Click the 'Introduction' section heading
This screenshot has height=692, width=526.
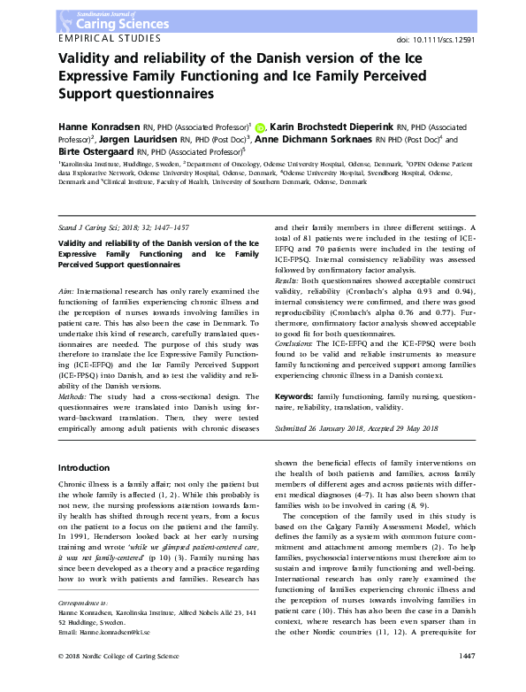[x=83, y=466]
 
